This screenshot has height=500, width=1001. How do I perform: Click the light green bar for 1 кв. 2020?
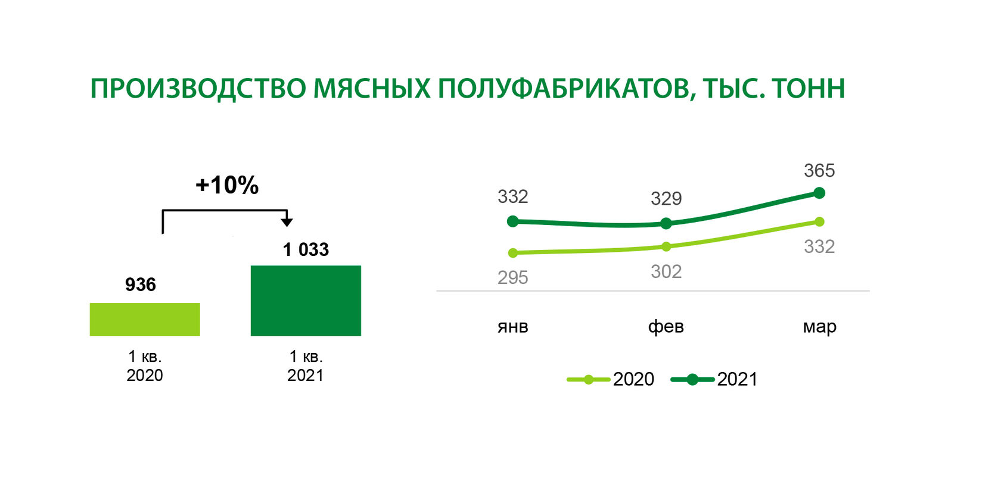pos(145,319)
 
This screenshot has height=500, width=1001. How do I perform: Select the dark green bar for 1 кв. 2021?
pos(306,301)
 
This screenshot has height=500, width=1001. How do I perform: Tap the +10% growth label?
pos(227,185)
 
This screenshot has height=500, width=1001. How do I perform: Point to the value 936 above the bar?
pos(141,285)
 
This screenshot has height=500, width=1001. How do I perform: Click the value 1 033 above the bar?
pos(306,249)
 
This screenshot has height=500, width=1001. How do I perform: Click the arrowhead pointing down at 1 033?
pos(287,222)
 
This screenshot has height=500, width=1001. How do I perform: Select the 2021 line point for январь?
pos(513,221)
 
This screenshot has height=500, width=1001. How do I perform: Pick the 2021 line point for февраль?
pos(666,223)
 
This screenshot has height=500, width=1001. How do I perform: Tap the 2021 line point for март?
pos(820,193)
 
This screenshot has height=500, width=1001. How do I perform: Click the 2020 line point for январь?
pos(513,253)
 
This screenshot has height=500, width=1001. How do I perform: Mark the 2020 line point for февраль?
pos(666,246)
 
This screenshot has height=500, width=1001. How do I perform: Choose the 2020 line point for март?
pos(820,221)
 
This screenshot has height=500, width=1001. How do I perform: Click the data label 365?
pos(820,170)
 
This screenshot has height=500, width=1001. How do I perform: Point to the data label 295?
pos(513,277)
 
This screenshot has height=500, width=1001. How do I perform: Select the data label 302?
pos(666,271)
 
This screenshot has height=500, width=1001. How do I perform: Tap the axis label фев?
pos(666,326)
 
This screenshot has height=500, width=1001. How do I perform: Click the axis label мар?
pos(820,327)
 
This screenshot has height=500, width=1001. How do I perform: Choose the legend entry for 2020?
pos(610,380)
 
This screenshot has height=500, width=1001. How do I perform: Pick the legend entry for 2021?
pos(714,380)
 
